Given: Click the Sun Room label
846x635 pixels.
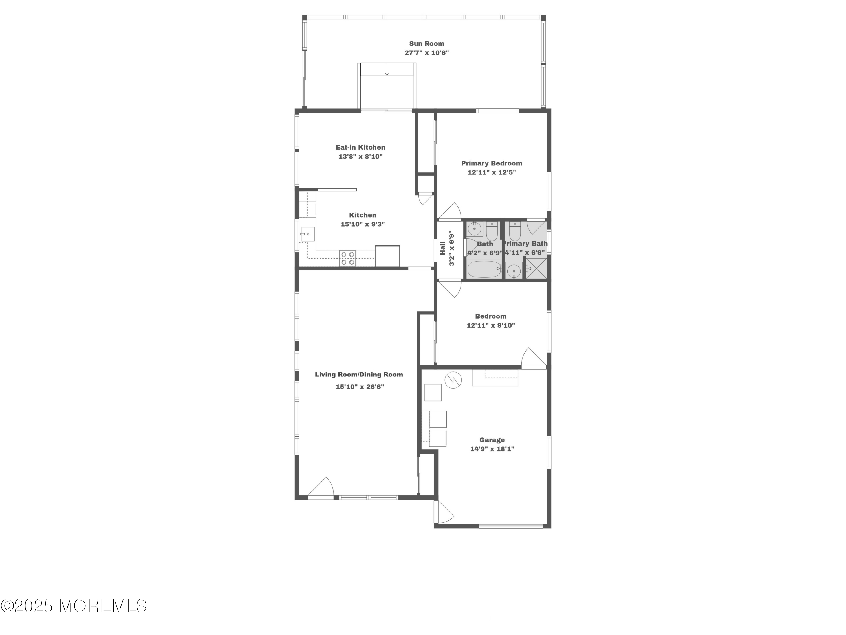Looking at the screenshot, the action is coord(426,44).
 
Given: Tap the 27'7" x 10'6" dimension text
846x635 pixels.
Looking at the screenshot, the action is coord(426,53).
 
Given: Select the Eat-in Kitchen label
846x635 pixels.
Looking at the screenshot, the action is coord(360,147).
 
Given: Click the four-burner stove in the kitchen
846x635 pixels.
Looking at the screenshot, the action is coord(348,258).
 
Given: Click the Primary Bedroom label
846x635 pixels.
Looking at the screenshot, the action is coord(492,163).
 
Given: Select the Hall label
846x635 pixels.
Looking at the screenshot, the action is coord(442,248).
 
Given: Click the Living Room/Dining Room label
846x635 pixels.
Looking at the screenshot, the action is coord(359,374).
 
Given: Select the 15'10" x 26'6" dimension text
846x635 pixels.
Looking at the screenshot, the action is coord(360,387).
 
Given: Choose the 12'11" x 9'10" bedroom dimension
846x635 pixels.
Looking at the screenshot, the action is coord(491,326).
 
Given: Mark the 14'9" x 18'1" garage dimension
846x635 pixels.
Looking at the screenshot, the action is coord(492,449).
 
